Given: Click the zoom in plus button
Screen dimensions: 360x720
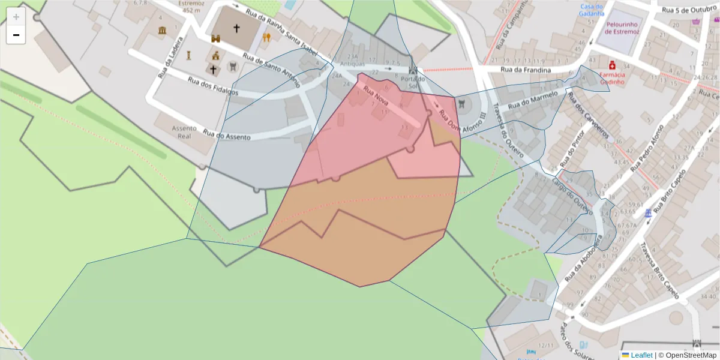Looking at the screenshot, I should (16, 16).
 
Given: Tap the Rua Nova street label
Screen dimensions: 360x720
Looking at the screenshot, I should (376, 98).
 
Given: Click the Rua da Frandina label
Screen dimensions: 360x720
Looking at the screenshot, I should (526, 70).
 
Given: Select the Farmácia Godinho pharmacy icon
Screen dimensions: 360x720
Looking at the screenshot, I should (612, 64).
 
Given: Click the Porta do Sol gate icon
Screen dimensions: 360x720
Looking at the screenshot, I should (413, 70).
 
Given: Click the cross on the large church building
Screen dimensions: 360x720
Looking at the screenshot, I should (236, 28).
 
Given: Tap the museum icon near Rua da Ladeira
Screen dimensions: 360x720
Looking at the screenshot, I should (162, 30).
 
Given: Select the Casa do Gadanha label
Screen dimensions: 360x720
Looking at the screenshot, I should (591, 10).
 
